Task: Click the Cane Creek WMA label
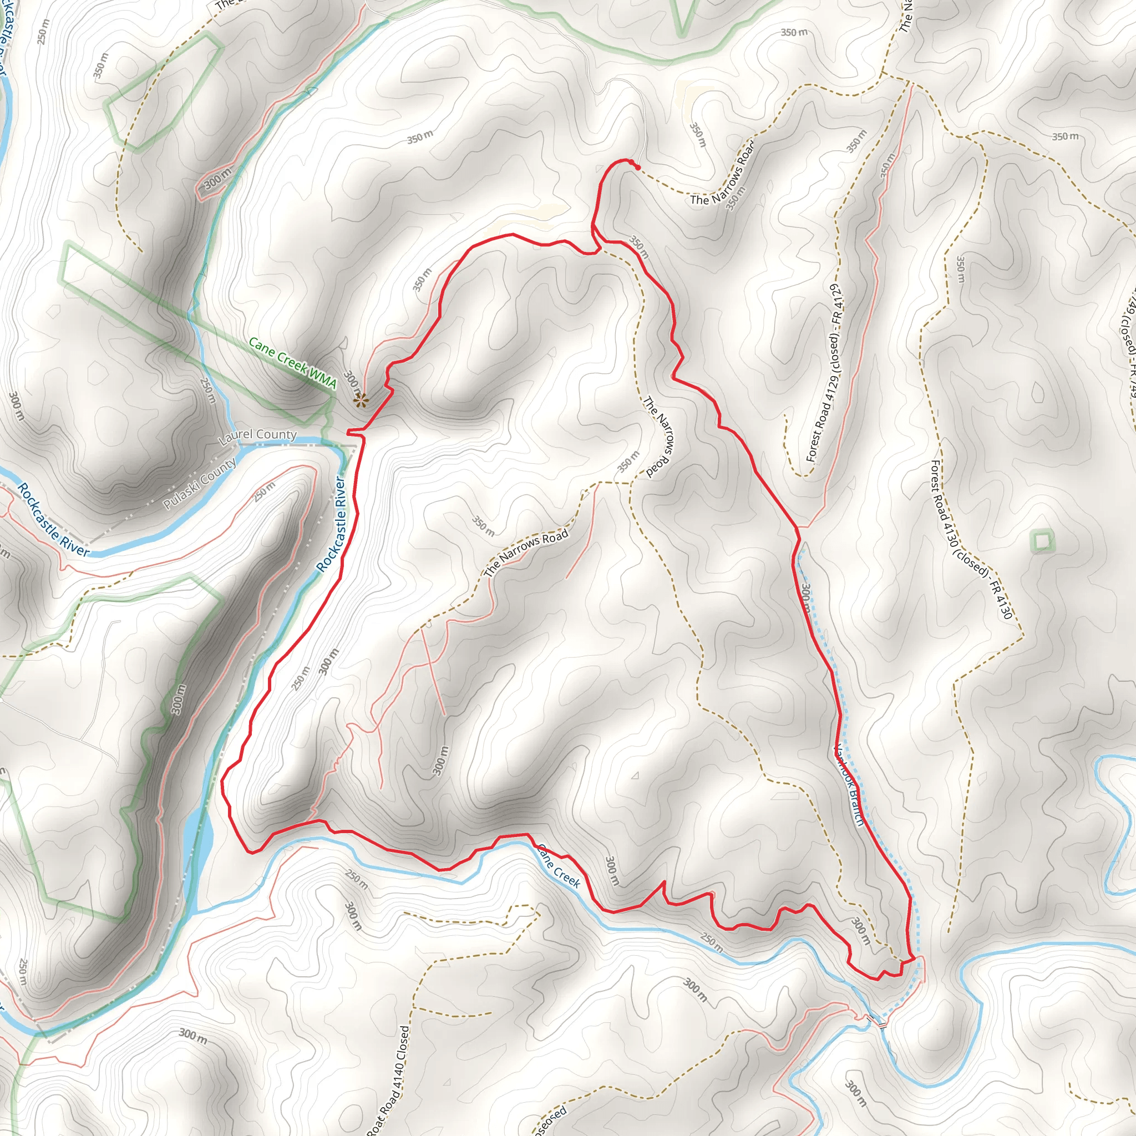pos(292,362)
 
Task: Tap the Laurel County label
pos(257,435)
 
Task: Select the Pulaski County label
pos(199,483)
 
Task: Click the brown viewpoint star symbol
pos(360,401)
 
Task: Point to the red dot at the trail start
pos(638,168)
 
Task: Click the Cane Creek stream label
pos(559,866)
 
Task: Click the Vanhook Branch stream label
pos(849,784)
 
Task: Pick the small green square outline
pos(1042,541)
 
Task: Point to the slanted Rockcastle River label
pos(53,519)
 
